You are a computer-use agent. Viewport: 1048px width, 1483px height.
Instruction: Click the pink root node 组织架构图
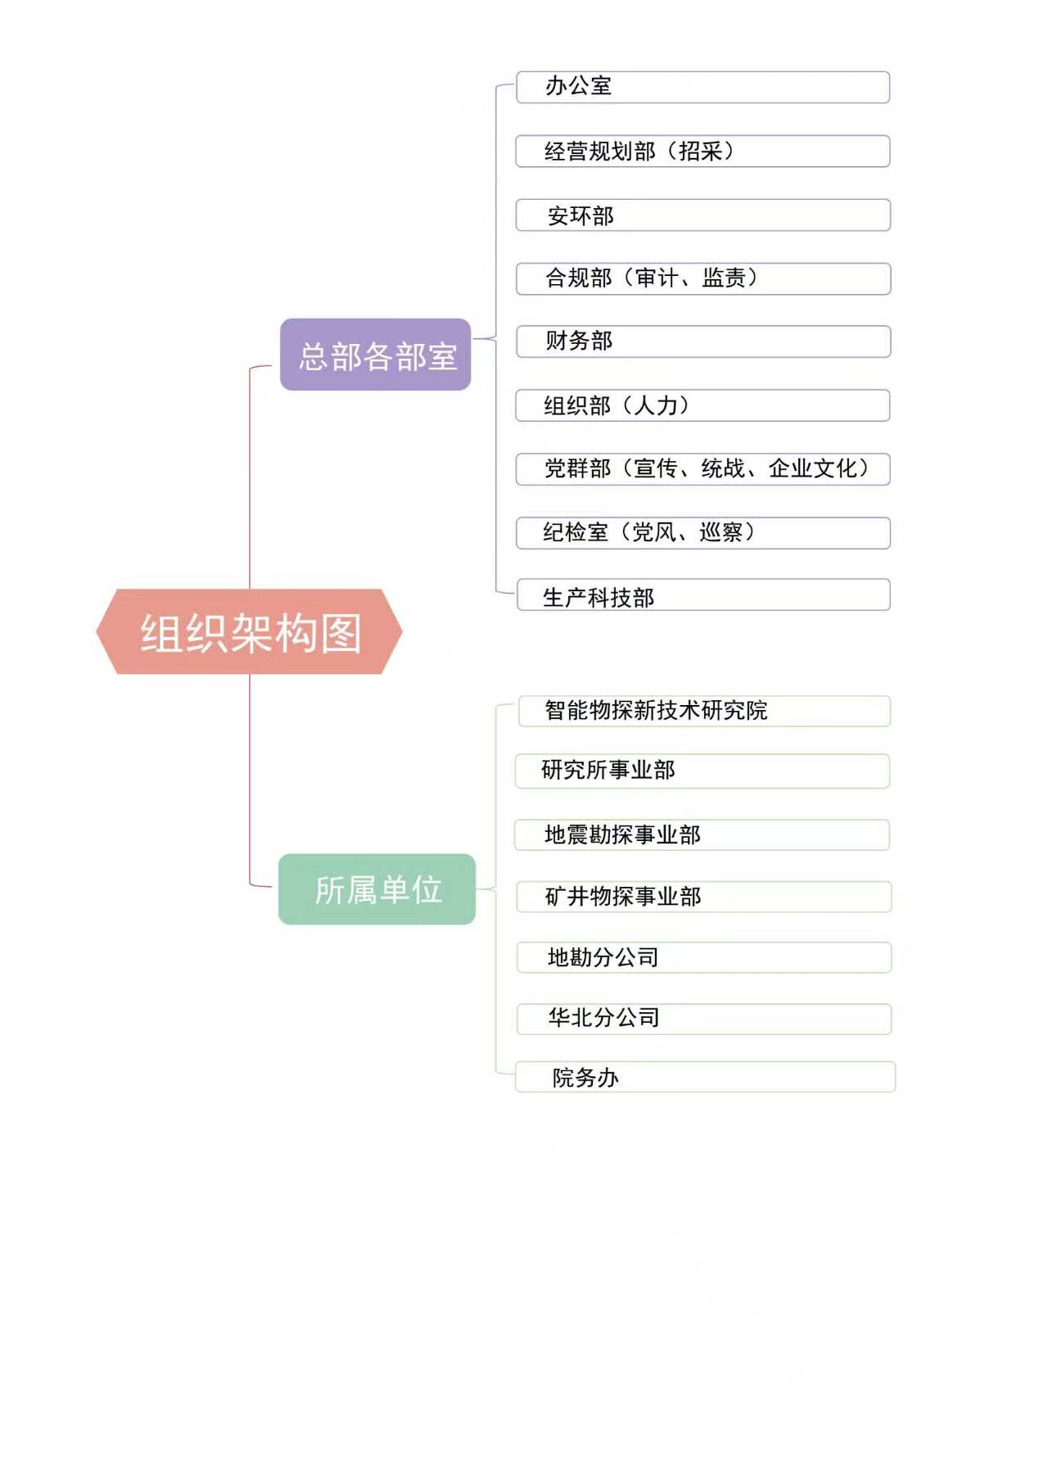[x=250, y=631]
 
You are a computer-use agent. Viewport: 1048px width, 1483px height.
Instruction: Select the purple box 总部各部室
[x=376, y=355]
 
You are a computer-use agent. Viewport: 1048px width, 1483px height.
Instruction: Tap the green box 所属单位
[x=377, y=889]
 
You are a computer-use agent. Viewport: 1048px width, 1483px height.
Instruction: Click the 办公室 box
[x=702, y=88]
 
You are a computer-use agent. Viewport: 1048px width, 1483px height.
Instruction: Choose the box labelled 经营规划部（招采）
[x=702, y=151]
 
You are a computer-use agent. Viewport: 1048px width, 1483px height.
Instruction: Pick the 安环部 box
[x=702, y=215]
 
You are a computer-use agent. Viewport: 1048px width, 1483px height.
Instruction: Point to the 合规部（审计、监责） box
[x=703, y=278]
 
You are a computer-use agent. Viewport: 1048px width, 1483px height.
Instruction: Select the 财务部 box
[x=703, y=341]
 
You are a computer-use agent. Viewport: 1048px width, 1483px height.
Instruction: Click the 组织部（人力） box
[x=702, y=405]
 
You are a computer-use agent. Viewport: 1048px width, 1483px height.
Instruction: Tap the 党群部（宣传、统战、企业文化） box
[x=702, y=469]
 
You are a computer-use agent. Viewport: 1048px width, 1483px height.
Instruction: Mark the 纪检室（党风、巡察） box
[x=702, y=533]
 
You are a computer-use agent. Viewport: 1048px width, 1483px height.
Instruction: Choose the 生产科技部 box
[x=703, y=595]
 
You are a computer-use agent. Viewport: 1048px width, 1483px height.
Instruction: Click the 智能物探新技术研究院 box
[x=704, y=711]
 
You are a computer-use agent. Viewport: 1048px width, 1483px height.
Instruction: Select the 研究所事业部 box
[x=702, y=771]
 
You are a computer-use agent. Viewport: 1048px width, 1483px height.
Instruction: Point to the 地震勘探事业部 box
[x=702, y=835]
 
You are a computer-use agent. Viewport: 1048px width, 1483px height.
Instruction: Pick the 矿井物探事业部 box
[x=703, y=897]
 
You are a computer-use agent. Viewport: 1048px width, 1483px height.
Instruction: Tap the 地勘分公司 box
[x=703, y=957]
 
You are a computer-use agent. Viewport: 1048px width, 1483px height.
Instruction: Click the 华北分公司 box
[x=703, y=1020]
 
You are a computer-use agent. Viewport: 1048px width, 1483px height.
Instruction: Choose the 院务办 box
[x=705, y=1077]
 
